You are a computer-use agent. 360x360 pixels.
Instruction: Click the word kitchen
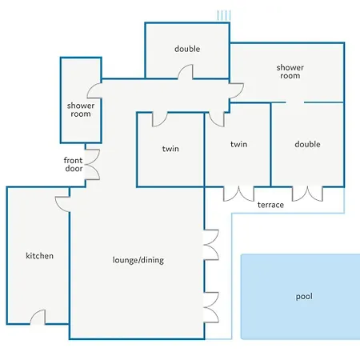(39, 256)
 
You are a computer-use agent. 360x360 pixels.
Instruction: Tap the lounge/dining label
(138, 260)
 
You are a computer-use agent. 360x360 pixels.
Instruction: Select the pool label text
(304, 297)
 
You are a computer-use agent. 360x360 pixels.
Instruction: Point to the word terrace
(270, 205)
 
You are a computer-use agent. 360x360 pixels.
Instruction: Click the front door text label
(74, 164)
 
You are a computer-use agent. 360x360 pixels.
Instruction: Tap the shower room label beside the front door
(81, 110)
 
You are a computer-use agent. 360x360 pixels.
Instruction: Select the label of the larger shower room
(290, 71)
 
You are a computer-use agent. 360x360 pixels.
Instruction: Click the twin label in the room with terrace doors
(238, 144)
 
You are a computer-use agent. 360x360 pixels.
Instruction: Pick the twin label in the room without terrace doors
(170, 149)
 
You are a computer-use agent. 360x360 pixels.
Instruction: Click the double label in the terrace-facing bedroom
(307, 144)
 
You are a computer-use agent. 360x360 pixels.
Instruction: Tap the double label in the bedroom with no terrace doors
(187, 49)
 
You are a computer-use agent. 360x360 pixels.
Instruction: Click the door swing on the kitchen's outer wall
(38, 317)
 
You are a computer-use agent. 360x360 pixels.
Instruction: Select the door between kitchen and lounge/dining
(62, 204)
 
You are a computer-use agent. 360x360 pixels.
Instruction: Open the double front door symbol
(92, 164)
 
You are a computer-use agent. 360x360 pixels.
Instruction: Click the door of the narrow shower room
(94, 90)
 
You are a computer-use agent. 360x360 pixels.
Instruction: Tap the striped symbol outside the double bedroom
(224, 15)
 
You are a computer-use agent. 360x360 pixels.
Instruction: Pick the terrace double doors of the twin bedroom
(238, 194)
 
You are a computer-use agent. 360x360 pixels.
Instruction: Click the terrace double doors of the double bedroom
(307, 194)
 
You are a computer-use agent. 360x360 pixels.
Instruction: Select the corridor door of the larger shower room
(237, 90)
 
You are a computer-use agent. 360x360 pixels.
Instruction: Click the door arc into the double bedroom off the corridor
(186, 72)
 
